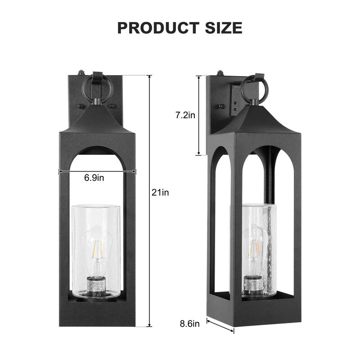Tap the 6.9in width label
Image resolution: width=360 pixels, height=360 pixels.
click(94, 178)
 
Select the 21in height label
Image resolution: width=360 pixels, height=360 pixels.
click(160, 193)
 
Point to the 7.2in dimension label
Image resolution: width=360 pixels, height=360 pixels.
click(184, 115)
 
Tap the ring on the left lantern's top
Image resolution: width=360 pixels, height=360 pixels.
click(96, 88)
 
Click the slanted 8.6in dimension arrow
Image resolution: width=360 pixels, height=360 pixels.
click(220, 326)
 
